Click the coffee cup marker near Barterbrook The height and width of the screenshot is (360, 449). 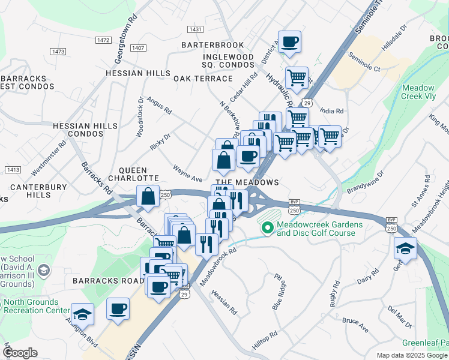289,42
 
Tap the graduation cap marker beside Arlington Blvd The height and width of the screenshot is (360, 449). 82,314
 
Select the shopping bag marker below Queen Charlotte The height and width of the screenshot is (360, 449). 148,196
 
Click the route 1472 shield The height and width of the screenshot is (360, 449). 103,40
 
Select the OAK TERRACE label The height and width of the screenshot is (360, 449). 203,79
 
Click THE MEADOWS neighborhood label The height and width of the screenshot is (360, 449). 247,182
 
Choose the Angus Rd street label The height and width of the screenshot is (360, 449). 159,106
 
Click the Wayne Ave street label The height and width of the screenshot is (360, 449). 187,173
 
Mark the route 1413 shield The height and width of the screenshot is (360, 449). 13,170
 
